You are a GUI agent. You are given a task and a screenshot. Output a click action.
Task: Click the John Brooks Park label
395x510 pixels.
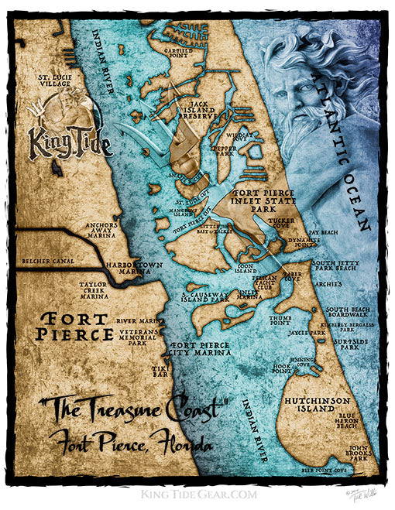coord(359,452)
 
